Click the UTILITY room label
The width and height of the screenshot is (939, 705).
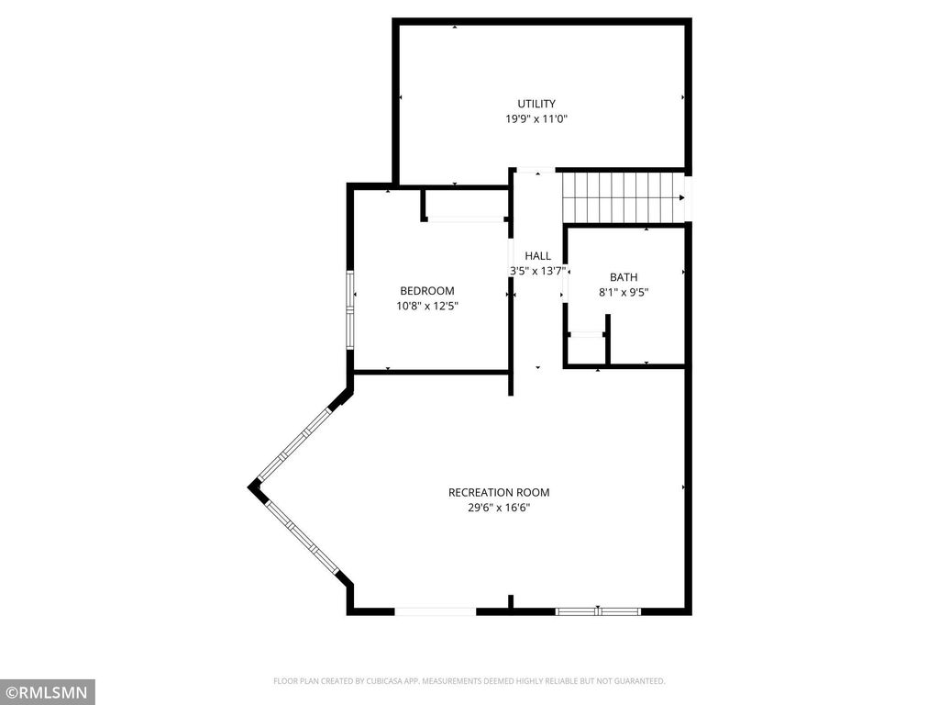pyautogui.click(x=536, y=104)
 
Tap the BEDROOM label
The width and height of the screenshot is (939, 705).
pyautogui.click(x=426, y=291)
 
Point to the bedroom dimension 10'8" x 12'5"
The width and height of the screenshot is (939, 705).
pyautogui.click(x=426, y=307)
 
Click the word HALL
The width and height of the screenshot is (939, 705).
pyautogui.click(x=537, y=256)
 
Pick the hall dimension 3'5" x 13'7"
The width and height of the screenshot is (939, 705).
pyautogui.click(x=537, y=271)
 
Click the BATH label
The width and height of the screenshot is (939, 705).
pyautogui.click(x=624, y=277)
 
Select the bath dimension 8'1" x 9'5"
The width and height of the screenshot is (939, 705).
pyautogui.click(x=624, y=293)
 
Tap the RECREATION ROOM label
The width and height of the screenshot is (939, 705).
pyautogui.click(x=499, y=492)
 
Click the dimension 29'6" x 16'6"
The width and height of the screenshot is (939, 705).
pyautogui.click(x=499, y=508)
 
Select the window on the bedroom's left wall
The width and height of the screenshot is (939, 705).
pyautogui.click(x=349, y=308)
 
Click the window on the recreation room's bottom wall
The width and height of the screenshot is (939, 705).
pyautogui.click(x=598, y=610)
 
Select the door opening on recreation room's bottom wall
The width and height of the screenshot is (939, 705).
pyautogui.click(x=435, y=610)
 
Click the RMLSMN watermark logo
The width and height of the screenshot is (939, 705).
pyautogui.click(x=47, y=691)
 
